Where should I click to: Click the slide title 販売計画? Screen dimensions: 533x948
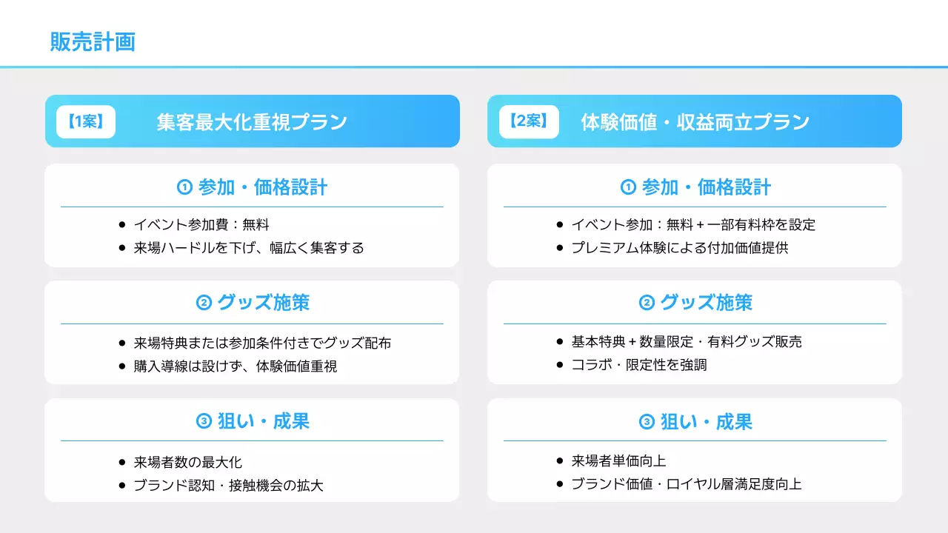[93, 41]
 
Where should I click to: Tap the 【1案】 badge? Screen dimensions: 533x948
[86, 121]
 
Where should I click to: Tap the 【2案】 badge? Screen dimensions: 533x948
[528, 121]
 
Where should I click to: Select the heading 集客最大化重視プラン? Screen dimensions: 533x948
[252, 122]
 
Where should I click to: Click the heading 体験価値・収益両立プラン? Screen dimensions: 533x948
[695, 122]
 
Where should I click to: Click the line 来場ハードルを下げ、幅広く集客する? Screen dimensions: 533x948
[249, 248]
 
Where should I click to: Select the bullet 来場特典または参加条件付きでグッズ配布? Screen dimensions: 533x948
[262, 343]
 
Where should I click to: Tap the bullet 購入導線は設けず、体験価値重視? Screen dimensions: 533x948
[236, 366]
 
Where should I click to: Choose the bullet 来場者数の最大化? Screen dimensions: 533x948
[188, 463]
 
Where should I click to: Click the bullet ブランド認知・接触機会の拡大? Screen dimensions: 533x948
[228, 486]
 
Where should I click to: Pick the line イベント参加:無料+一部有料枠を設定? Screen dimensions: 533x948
[693, 225]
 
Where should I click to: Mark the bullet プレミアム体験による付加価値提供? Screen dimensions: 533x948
[679, 248]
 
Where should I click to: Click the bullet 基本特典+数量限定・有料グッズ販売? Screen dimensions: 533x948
[687, 342]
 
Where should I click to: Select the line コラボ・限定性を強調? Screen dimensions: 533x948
[638, 365]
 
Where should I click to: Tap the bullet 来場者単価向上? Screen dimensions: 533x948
[618, 461]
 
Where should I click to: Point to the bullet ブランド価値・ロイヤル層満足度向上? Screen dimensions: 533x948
[686, 484]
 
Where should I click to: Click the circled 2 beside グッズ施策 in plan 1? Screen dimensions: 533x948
[204, 303]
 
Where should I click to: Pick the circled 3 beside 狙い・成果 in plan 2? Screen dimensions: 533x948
[647, 423]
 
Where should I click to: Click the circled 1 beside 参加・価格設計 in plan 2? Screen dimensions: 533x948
[628, 187]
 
